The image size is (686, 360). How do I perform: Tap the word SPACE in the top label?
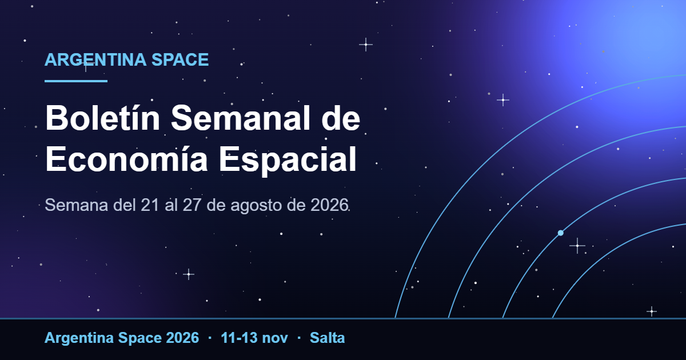tap(180, 59)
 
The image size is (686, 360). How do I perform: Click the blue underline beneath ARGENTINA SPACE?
tap(76, 81)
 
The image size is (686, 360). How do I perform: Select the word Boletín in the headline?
tap(102, 118)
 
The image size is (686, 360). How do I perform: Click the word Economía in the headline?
tap(126, 159)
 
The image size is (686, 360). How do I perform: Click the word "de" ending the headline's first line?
tap(341, 118)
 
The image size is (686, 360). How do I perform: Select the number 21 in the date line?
tap(149, 205)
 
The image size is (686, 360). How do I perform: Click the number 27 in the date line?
tap(192, 205)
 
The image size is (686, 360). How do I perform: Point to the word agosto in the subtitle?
tap(256, 206)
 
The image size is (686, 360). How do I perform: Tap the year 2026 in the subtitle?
tap(329, 205)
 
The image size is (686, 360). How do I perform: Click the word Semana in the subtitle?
tap(76, 205)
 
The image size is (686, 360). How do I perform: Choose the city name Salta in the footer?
tap(328, 338)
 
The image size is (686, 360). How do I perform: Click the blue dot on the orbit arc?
tap(560, 233)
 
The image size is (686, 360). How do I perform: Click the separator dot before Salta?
tap(299, 338)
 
